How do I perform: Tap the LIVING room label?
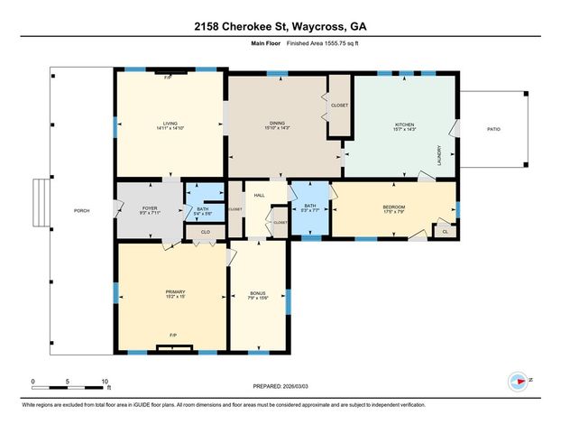point(170,124)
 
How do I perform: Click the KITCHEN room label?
point(404,124)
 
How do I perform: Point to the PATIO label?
point(493,129)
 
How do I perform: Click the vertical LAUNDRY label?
point(439,159)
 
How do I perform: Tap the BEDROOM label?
point(393,207)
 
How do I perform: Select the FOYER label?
point(150,208)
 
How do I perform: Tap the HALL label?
point(259,195)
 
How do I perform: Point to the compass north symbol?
point(519,380)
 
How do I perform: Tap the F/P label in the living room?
point(168,78)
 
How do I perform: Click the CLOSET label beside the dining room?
point(339,105)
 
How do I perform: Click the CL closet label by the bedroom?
point(445,232)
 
